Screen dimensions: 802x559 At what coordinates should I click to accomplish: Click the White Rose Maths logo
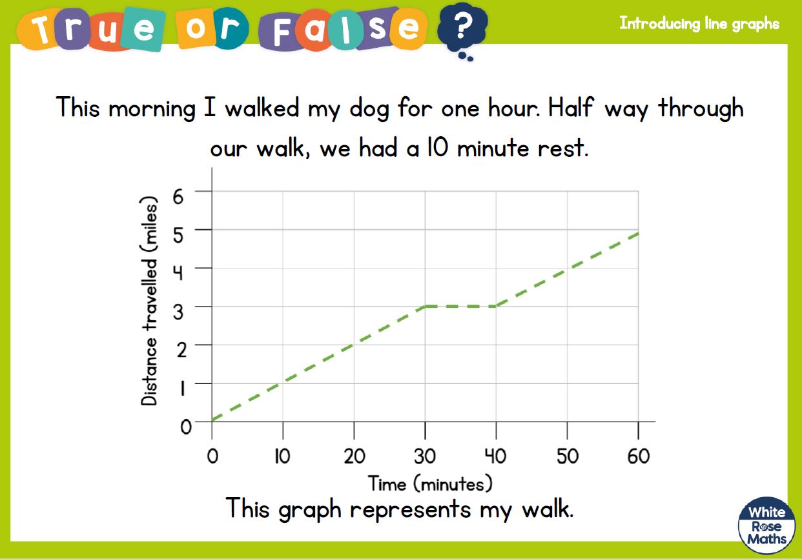tap(766, 525)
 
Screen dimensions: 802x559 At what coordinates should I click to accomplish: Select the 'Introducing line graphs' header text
tap(699, 24)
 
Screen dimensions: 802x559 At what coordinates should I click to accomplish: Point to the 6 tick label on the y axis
tap(178, 196)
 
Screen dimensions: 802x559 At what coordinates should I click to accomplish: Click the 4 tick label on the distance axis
tap(178, 274)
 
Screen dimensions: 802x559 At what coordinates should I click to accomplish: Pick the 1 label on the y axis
tap(183, 389)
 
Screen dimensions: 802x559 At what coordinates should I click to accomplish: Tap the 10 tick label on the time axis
tap(282, 456)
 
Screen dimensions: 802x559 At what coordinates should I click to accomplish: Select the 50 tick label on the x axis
tap(568, 456)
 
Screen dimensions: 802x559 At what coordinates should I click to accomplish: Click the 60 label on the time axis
tap(639, 456)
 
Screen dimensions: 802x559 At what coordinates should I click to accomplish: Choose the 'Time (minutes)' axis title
tap(430, 484)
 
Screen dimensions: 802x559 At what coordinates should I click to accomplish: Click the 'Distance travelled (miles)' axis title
tap(149, 301)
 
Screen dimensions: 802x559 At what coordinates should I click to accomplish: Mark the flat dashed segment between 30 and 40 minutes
tap(461, 307)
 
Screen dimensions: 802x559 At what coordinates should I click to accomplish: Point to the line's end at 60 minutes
tap(638, 233)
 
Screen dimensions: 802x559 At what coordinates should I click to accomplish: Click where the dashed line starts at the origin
tap(212, 420)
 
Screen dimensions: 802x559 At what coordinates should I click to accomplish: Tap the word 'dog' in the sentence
tap(369, 109)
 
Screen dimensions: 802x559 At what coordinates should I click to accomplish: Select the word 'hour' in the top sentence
tap(514, 107)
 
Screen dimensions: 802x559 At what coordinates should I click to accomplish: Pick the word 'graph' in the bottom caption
tap(310, 509)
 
